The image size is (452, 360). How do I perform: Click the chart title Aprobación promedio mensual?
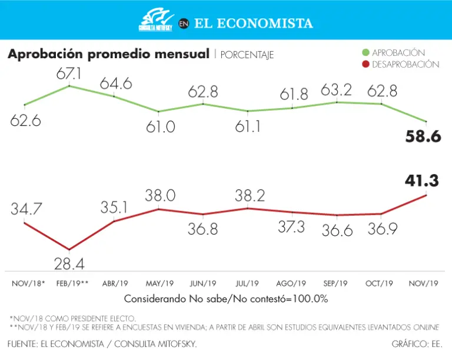pyautogui.click(x=108, y=55)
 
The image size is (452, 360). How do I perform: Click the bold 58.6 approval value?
pyautogui.click(x=423, y=137)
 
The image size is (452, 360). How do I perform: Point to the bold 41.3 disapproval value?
pyautogui.click(x=421, y=181)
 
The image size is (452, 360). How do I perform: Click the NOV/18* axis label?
pyautogui.click(x=28, y=284)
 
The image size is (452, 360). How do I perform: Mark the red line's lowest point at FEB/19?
pyautogui.click(x=69, y=250)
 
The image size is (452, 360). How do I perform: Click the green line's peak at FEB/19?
pyautogui.click(x=69, y=86)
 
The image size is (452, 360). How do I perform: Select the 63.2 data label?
pyautogui.click(x=336, y=90)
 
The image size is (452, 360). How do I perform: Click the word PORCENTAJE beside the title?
pyautogui.click(x=247, y=55)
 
